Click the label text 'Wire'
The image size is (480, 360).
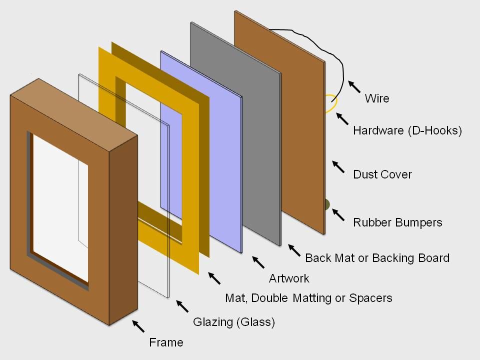[x=377, y=98]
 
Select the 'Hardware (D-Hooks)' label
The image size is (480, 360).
[x=407, y=131]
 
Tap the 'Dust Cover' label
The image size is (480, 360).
[x=382, y=174]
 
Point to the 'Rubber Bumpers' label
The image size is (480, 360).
[x=397, y=222]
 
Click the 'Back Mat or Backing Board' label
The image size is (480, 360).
[x=377, y=258]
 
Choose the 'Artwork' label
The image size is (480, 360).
[x=289, y=278]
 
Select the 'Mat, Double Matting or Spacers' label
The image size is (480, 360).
[x=308, y=298]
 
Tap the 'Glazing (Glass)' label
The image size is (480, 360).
[x=234, y=322]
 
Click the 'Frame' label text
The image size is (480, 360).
[x=166, y=342]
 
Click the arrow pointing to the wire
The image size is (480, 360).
[x=354, y=87]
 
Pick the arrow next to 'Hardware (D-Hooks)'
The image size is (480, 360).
[x=342, y=119]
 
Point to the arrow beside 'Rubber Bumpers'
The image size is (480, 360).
[x=338, y=215]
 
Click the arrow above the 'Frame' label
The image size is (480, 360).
[x=138, y=326]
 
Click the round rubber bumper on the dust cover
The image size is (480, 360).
[x=326, y=204]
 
